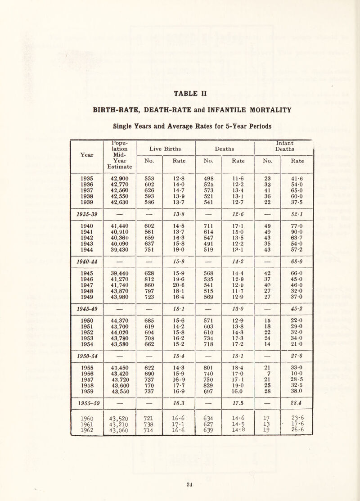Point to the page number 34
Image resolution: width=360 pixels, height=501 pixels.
[x=180, y=490]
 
